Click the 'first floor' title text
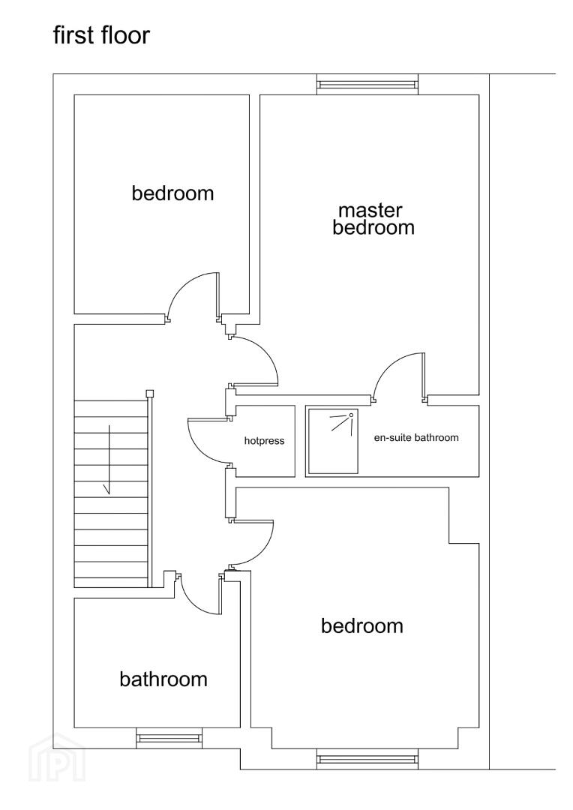[x=101, y=35]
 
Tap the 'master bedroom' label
[x=373, y=219]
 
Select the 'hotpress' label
[x=265, y=441]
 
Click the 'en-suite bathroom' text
[x=416, y=437]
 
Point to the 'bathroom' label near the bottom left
[x=163, y=679]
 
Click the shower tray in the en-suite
[x=331, y=441]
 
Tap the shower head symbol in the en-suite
[x=342, y=421]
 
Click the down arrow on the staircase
[x=109, y=460]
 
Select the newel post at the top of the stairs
[x=150, y=393]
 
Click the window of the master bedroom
[x=367, y=84]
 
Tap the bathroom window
[x=169, y=738]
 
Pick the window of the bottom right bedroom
[x=367, y=759]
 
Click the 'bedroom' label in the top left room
[x=172, y=193]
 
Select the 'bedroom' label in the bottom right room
[x=362, y=625]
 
